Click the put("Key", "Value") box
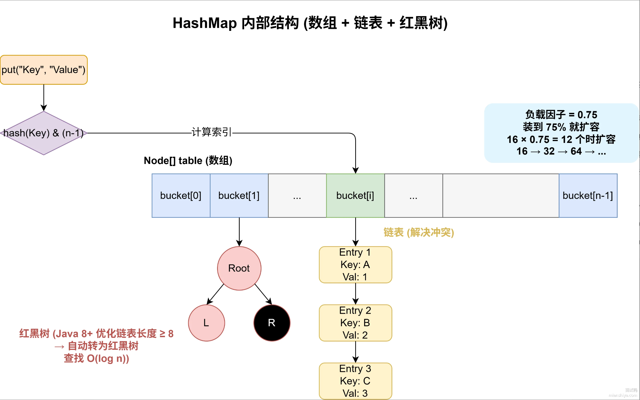[44, 70]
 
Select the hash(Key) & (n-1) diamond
[44, 133]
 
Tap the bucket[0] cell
[181, 196]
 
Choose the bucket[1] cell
[239, 196]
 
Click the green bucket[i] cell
[355, 196]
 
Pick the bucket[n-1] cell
[588, 196]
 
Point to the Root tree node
[239, 268]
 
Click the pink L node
[206, 323]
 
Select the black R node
[272, 323]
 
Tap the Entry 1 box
[355, 265]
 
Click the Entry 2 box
[355, 323]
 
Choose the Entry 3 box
[355, 381]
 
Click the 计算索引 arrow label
[212, 132]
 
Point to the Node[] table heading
[188, 161]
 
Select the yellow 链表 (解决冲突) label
[419, 233]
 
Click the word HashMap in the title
[205, 23]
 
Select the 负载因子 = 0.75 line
[561, 114]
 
